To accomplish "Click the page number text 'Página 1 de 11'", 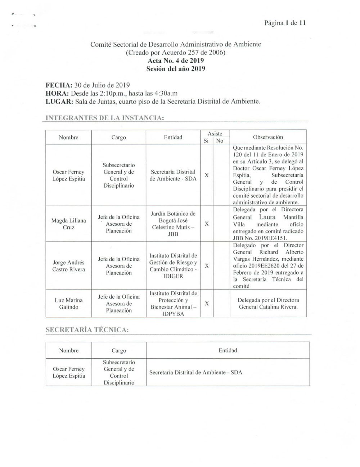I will (x=285, y=23).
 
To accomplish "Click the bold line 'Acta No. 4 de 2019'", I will (x=176, y=61).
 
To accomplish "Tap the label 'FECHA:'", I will (x=59, y=86).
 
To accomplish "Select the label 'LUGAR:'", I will (x=59, y=102).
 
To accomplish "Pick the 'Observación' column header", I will (x=268, y=137).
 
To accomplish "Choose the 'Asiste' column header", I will (x=215, y=134).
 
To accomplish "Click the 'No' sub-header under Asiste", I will (x=220, y=141).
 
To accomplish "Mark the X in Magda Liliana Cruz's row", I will (x=207, y=224).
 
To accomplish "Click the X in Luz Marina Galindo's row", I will (x=207, y=304).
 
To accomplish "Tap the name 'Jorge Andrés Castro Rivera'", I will (x=68, y=266).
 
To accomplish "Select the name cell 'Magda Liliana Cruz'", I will (x=68, y=224).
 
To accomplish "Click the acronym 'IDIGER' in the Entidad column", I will (x=173, y=276).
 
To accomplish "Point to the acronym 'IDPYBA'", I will (x=173, y=314).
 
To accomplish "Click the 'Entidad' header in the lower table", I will (x=228, y=350).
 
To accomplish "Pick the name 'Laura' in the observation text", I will (x=267, y=217).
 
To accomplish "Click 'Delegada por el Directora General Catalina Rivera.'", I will (x=268, y=304).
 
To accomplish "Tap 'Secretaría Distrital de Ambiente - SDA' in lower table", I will (x=195, y=372).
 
